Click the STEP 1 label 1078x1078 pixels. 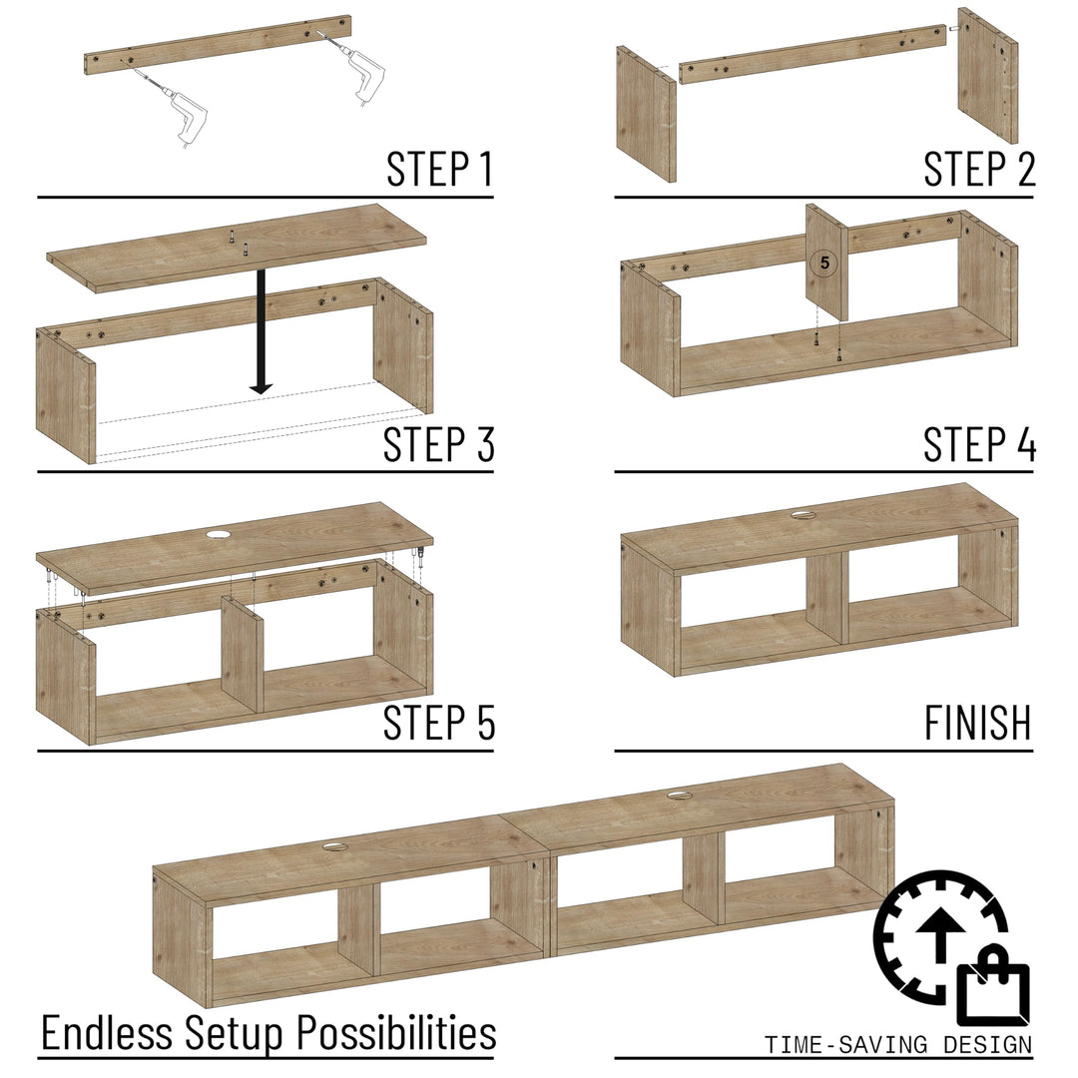(439, 170)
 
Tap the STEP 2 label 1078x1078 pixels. (979, 170)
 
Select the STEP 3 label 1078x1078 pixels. (439, 444)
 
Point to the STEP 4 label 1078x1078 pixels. (979, 444)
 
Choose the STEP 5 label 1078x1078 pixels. (439, 723)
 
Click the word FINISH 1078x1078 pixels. (977, 723)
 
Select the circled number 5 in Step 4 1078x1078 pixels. (823, 264)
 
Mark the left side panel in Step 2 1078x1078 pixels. (646, 113)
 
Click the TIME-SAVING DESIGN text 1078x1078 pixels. (898, 1045)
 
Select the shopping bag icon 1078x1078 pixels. (992, 994)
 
